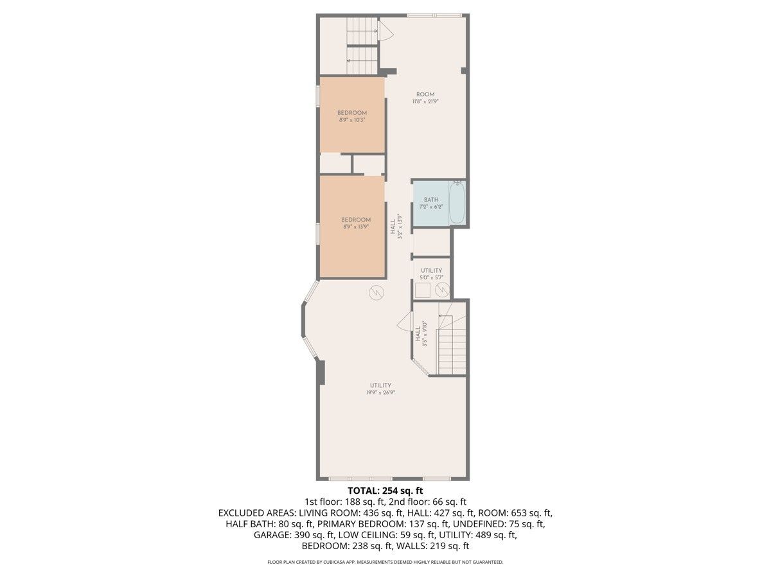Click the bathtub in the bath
coord(457,202)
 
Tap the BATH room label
coord(431,200)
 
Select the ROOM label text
coord(425,94)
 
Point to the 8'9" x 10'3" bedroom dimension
coord(352,120)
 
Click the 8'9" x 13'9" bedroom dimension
coord(356,227)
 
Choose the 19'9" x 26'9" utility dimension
coord(380,392)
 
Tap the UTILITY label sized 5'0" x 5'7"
coord(431,270)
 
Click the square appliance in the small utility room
coord(423,290)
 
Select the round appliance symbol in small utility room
coord(442,290)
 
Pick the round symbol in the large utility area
coord(377,292)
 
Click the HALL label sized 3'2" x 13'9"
coord(393,227)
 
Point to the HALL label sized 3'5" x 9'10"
coord(418,334)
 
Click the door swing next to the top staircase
coord(386,31)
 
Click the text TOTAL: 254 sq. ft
coord(385,491)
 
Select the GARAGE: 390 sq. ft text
coord(284,535)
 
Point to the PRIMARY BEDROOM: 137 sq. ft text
coord(384,524)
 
